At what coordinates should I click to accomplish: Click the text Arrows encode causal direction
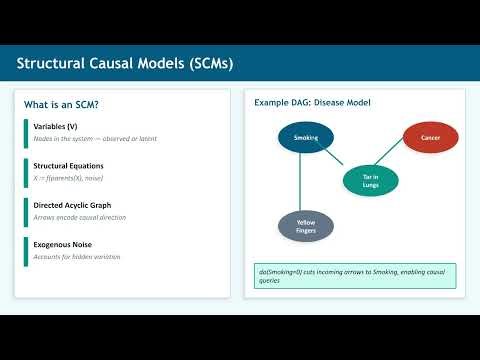click(x=84, y=218)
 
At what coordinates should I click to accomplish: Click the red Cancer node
click(x=431, y=137)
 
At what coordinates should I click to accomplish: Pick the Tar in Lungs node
click(x=364, y=180)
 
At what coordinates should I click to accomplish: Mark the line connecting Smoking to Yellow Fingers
click(x=299, y=185)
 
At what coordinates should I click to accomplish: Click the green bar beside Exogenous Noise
click(x=27, y=250)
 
